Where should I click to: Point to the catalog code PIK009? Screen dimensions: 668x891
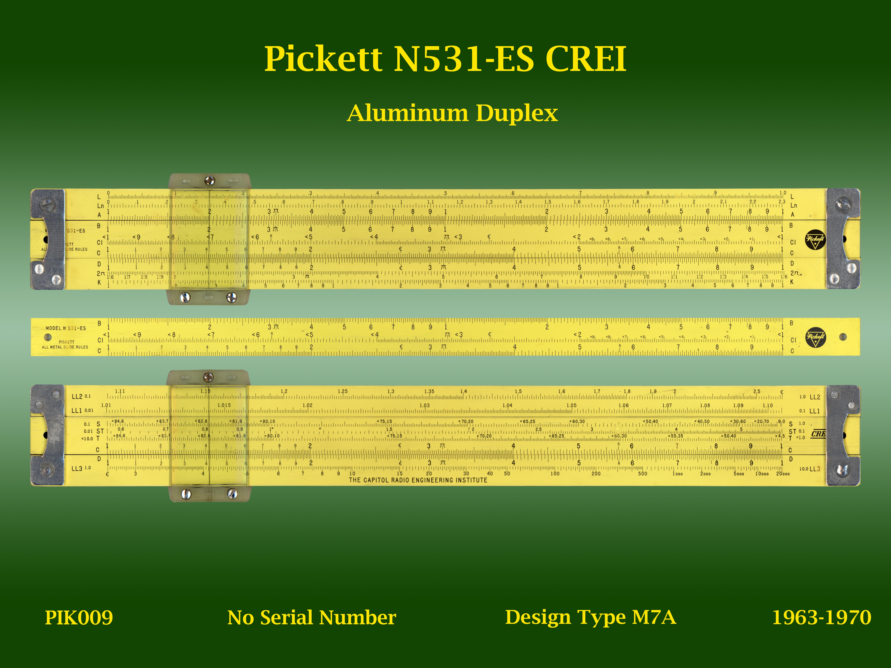click(x=79, y=618)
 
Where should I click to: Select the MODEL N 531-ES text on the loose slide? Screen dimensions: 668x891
click(x=66, y=328)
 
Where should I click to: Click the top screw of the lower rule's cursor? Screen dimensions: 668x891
click(x=208, y=377)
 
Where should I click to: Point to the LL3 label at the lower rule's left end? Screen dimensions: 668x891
click(x=77, y=469)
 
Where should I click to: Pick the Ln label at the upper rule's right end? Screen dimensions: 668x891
click(x=794, y=205)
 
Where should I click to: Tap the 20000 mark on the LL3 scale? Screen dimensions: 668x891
click(x=783, y=474)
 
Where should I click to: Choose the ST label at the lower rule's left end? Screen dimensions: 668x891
click(x=100, y=431)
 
